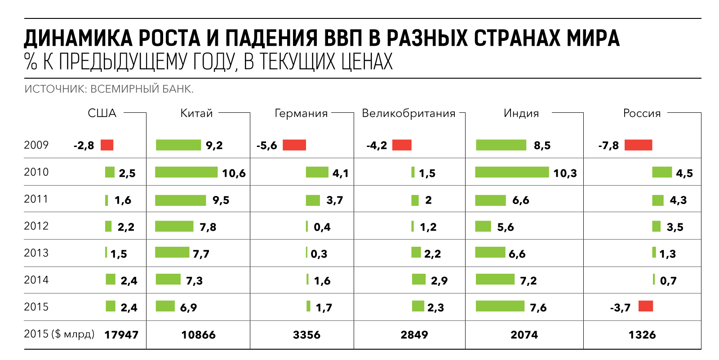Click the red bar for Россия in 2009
(x=638, y=145)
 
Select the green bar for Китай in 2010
(x=186, y=172)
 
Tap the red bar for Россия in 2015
(x=645, y=307)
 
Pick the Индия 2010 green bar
(x=512, y=172)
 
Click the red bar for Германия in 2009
(x=294, y=145)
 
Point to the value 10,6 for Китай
(x=234, y=173)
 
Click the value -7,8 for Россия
(x=608, y=146)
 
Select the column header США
(x=102, y=113)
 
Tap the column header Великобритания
(x=408, y=113)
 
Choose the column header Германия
(x=301, y=113)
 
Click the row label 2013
(x=36, y=253)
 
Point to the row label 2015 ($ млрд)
(x=59, y=334)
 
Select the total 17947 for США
(x=121, y=335)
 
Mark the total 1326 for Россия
(x=642, y=335)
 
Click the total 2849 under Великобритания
(x=414, y=335)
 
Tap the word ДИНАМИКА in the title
(x=78, y=39)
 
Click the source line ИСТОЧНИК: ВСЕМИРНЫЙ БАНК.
(x=109, y=89)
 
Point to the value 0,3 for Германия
(x=319, y=254)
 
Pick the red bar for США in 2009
(x=107, y=145)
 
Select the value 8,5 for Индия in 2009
(x=542, y=146)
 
